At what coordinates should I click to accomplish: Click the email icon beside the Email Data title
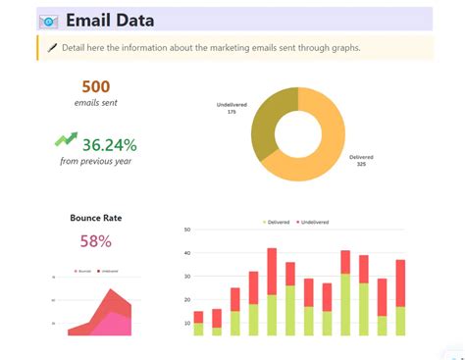click(x=48, y=21)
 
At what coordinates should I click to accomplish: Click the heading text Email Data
click(x=111, y=21)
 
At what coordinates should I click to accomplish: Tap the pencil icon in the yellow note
click(x=51, y=47)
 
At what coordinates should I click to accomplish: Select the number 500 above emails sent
click(x=96, y=86)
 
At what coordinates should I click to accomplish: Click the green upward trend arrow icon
click(x=66, y=140)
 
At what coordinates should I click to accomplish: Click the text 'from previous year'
click(x=96, y=162)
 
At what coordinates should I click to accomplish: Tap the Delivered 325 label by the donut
click(x=362, y=160)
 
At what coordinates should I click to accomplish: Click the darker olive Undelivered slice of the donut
click(x=266, y=123)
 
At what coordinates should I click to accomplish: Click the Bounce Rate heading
click(x=96, y=218)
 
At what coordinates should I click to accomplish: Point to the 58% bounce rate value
click(x=96, y=241)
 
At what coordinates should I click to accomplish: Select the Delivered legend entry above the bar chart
click(x=278, y=222)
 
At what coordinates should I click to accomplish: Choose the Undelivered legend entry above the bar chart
click(x=315, y=222)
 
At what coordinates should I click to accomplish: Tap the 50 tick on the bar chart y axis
click(x=186, y=230)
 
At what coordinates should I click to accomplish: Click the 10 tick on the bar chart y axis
click(x=186, y=323)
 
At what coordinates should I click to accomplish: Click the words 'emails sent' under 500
click(x=96, y=103)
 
